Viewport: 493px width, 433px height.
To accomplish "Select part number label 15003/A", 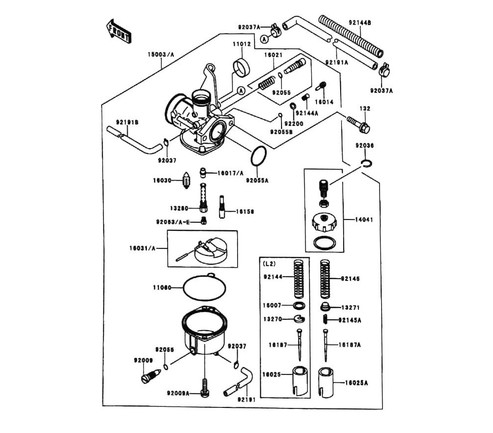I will [x=161, y=55].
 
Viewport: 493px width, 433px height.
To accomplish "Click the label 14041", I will [x=365, y=220].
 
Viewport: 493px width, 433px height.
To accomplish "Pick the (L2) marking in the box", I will [x=270, y=263].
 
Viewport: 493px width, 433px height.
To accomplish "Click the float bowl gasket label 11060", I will [x=162, y=288].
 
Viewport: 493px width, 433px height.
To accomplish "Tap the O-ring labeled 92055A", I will [x=258, y=157].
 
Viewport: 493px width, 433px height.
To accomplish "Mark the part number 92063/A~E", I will [x=173, y=222].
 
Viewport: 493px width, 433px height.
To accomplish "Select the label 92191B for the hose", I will [x=127, y=122].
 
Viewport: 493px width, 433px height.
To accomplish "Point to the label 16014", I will [x=324, y=102].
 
